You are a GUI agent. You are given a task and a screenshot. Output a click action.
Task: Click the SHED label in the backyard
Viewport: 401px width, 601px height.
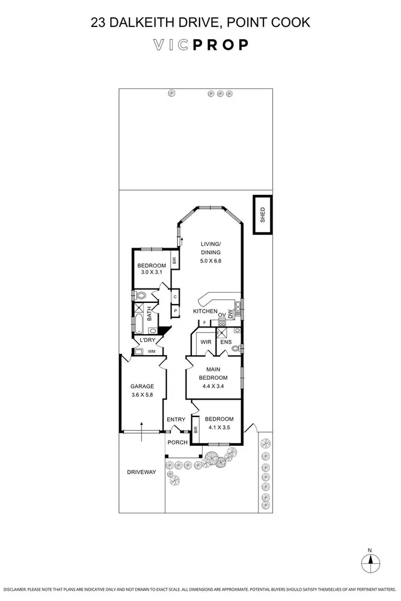(262, 215)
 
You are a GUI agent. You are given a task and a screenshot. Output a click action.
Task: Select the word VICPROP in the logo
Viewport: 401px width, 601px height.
(200, 45)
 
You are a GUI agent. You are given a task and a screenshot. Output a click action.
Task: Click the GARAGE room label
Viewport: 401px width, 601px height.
(142, 386)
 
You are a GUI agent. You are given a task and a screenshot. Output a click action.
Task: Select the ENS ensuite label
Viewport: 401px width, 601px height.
(225, 342)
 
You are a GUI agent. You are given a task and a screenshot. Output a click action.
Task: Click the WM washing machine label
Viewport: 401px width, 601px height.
(152, 351)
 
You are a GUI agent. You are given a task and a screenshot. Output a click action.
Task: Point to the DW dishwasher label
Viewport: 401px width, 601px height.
(230, 314)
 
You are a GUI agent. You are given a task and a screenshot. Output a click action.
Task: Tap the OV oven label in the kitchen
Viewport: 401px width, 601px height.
(221, 314)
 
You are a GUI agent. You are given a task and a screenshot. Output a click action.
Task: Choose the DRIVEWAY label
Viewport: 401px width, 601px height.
(141, 472)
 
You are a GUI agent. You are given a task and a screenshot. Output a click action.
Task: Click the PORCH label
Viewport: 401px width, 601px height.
(177, 442)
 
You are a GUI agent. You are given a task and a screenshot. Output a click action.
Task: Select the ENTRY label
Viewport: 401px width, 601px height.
(176, 419)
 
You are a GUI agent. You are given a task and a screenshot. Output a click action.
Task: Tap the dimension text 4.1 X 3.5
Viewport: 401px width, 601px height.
(219, 428)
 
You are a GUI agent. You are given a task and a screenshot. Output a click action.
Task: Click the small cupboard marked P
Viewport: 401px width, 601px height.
(174, 311)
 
